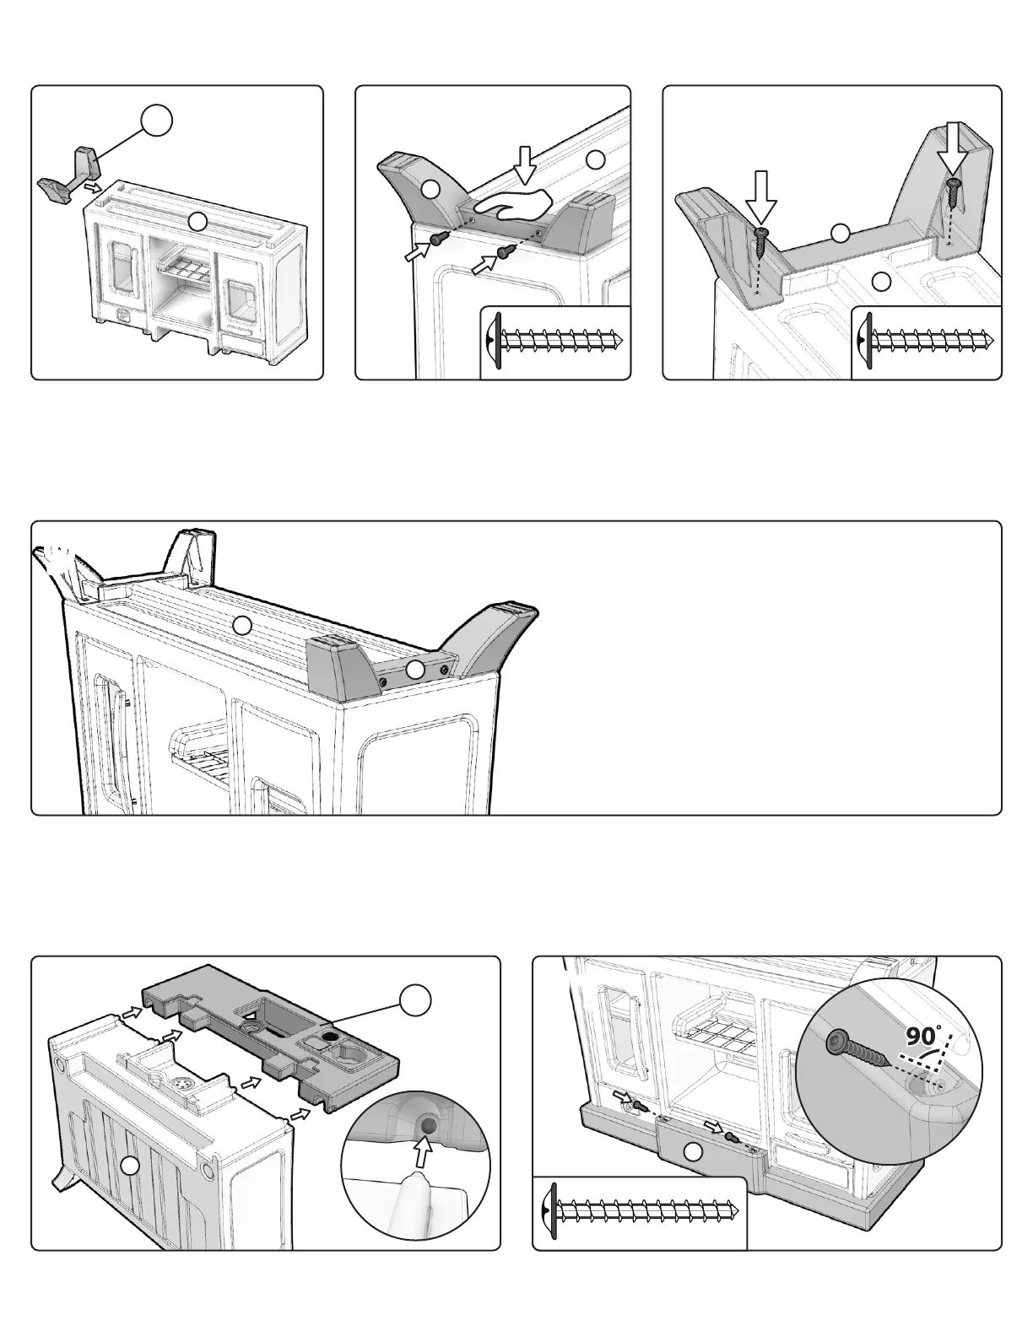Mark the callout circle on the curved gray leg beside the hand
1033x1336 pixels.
point(430,190)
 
